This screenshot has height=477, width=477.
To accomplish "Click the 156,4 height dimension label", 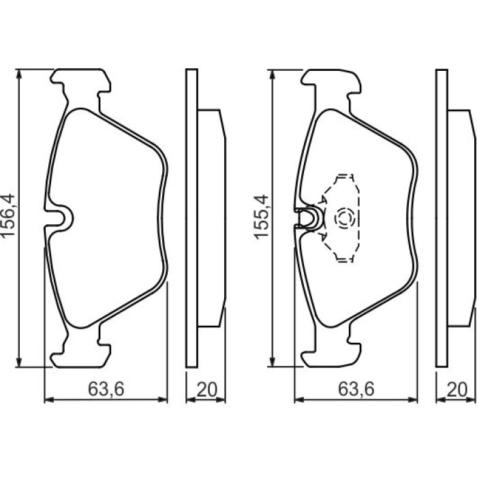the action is point(7,215).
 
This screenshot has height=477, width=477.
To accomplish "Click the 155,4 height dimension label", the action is point(261,217).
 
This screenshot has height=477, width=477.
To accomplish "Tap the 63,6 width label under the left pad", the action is point(106,389).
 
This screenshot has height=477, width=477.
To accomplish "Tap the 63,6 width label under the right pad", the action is point(356,389).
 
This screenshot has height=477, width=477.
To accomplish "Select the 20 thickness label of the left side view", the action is point(207,389).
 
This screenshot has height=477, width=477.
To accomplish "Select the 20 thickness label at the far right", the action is point(457,389).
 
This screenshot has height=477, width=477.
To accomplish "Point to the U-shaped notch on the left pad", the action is point(59,218).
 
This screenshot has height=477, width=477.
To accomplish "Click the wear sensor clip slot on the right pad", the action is point(308,218).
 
